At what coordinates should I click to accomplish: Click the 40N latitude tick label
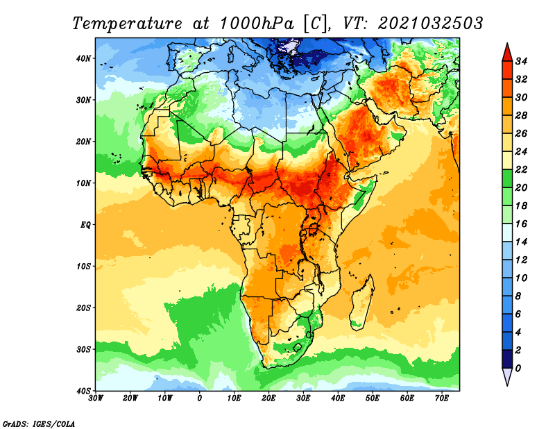(83, 58)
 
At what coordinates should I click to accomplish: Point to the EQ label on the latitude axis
(85, 225)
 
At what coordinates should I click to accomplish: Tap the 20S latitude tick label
(83, 308)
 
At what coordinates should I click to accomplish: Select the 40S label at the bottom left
(83, 391)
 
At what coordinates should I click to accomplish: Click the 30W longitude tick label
(96, 398)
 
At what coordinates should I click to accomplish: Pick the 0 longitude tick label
(200, 398)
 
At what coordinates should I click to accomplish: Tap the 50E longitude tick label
(373, 398)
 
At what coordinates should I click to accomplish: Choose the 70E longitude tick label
(442, 398)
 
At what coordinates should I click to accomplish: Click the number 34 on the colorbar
(521, 61)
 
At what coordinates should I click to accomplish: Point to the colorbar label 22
(521, 169)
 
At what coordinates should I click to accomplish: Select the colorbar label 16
(521, 224)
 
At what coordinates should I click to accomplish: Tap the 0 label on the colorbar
(518, 369)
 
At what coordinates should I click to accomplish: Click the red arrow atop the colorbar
(507, 53)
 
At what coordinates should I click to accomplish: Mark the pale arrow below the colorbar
(507, 376)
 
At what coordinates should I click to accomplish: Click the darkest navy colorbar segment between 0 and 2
(507, 359)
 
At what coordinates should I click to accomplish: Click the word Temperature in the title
(128, 24)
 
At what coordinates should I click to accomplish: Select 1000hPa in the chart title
(257, 24)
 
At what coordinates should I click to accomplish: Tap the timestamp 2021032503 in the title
(430, 24)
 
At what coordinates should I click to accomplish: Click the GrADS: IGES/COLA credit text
(39, 424)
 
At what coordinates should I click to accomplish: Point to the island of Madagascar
(361, 303)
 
